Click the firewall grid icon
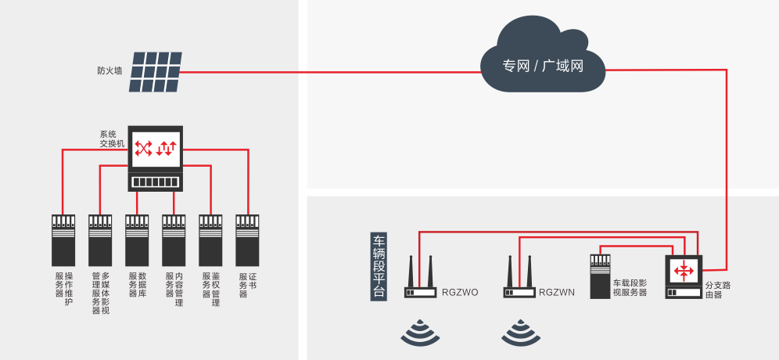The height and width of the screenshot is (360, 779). [156, 71]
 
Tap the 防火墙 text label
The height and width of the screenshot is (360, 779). [109, 70]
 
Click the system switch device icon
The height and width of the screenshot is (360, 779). [156, 159]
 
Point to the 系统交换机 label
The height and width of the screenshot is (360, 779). [111, 139]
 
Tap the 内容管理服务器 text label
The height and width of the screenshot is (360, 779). [174, 289]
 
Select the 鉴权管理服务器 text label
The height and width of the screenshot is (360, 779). [210, 289]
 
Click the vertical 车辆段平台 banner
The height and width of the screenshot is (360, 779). [379, 266]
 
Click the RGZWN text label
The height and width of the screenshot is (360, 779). [557, 293]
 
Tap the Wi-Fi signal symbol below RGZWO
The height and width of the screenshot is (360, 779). [420, 333]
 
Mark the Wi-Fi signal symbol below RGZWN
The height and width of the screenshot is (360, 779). [521, 333]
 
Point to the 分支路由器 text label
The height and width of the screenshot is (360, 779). [718, 290]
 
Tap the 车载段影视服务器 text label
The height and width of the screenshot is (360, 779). [630, 287]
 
